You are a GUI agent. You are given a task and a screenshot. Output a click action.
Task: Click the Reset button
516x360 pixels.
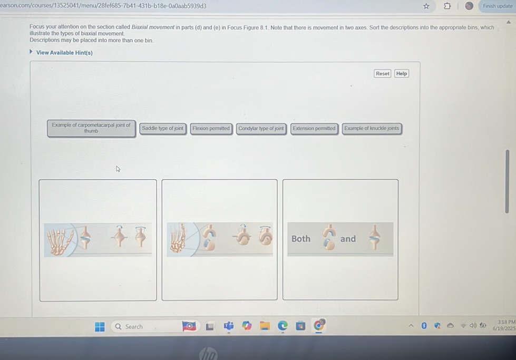pyautogui.click(x=383, y=74)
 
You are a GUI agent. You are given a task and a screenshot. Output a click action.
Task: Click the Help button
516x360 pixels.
pyautogui.click(x=402, y=74)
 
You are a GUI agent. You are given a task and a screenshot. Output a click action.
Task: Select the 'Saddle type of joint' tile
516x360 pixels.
pyautogui.click(x=162, y=129)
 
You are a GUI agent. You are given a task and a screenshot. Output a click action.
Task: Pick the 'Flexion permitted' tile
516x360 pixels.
pyautogui.click(x=211, y=129)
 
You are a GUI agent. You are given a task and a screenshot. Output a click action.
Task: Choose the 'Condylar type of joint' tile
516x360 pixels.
pyautogui.click(x=261, y=129)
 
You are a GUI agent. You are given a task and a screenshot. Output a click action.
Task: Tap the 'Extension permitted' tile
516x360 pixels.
pyautogui.click(x=314, y=129)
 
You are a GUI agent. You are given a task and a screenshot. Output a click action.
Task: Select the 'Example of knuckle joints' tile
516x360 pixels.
pyautogui.click(x=372, y=129)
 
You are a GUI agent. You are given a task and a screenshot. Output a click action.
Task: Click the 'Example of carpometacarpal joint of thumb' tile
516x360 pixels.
pyautogui.click(x=91, y=128)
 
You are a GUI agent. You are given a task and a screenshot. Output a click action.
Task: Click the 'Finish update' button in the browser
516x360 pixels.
pyautogui.click(x=497, y=6)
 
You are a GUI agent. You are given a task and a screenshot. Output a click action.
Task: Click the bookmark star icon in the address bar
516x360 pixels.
pyautogui.click(x=426, y=6)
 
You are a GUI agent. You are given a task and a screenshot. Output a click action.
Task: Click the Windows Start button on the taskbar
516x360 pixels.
pyautogui.click(x=100, y=327)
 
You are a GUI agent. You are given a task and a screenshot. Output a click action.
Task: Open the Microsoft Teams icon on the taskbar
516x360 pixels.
pyautogui.click(x=228, y=327)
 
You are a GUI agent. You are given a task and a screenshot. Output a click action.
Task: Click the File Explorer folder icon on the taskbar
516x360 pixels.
pyautogui.click(x=265, y=327)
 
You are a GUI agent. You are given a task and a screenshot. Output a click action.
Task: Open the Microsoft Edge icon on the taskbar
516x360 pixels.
pyautogui.click(x=283, y=327)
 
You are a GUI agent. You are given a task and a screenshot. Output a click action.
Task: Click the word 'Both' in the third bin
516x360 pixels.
pyautogui.click(x=301, y=239)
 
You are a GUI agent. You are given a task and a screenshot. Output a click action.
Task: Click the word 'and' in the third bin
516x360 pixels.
pyautogui.click(x=348, y=239)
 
